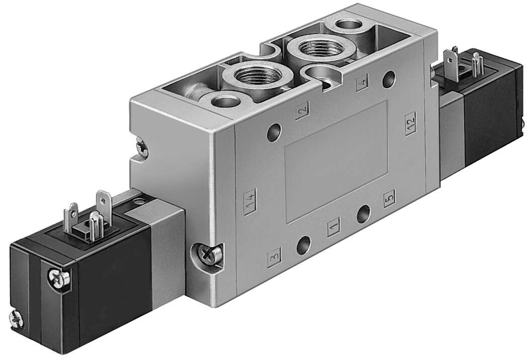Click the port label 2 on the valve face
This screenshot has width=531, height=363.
(302, 110)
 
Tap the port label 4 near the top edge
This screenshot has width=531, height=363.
(362, 82)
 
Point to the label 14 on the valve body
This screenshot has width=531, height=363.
(250, 202)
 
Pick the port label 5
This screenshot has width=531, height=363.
(389, 199)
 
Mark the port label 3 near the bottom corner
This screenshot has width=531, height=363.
(274, 257)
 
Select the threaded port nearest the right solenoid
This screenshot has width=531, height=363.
(321, 48)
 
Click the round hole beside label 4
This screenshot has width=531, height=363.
(389, 78)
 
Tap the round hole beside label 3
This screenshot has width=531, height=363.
(304, 246)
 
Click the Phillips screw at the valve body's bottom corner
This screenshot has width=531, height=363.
(208, 254)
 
